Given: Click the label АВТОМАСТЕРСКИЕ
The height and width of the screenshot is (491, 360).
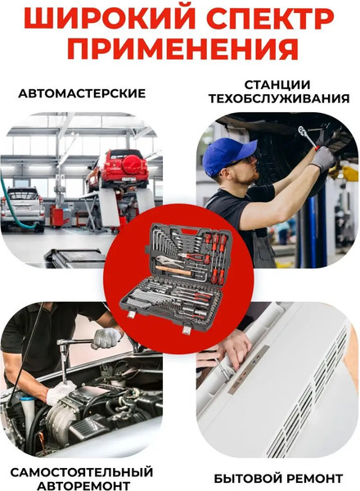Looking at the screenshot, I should coord(82,93).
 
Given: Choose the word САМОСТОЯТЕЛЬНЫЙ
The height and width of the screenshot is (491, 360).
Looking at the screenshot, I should coord(82,472).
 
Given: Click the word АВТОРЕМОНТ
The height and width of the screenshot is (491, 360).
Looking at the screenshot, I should coord(82,485).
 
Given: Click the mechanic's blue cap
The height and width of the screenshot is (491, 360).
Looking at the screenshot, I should coord(221,154).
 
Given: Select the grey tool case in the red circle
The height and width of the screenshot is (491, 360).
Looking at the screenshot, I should coord(180,278).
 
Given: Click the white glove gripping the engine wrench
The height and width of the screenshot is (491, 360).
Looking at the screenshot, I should coord(106,337).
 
